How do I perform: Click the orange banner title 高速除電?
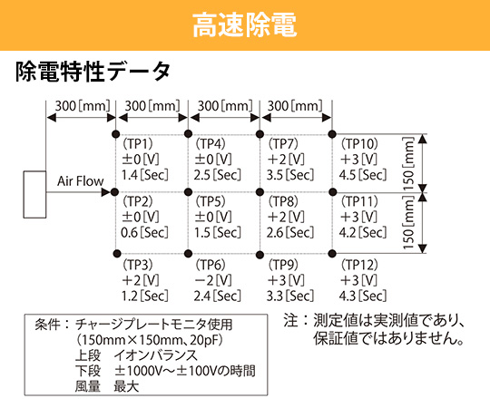coord(244,25)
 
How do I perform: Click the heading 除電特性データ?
coord(93,72)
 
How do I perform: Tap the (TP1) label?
coord(138,144)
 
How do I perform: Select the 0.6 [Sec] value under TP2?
coord(144,233)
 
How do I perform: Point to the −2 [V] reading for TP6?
coord(213,280)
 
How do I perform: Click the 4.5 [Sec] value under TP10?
coord(363,175)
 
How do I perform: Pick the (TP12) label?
coord(359,265)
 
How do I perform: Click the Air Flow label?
coord(81,181)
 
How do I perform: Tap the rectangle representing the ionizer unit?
coord(34,194)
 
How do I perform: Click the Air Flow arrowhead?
coord(106,192)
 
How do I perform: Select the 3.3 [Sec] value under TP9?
coord(290,296)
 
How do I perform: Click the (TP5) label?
coord(211,201)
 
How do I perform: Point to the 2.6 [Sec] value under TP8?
coord(290,233)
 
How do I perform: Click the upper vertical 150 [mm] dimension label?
coord(408,163)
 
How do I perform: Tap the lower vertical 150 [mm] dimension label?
coord(408,222)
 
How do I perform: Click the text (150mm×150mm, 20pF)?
coord(150,340)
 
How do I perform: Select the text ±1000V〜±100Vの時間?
coord(185,371)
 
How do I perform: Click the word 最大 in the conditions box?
coord(126,386)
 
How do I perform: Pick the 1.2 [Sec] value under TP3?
coord(144,296)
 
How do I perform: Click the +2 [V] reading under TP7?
coord(286,160)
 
